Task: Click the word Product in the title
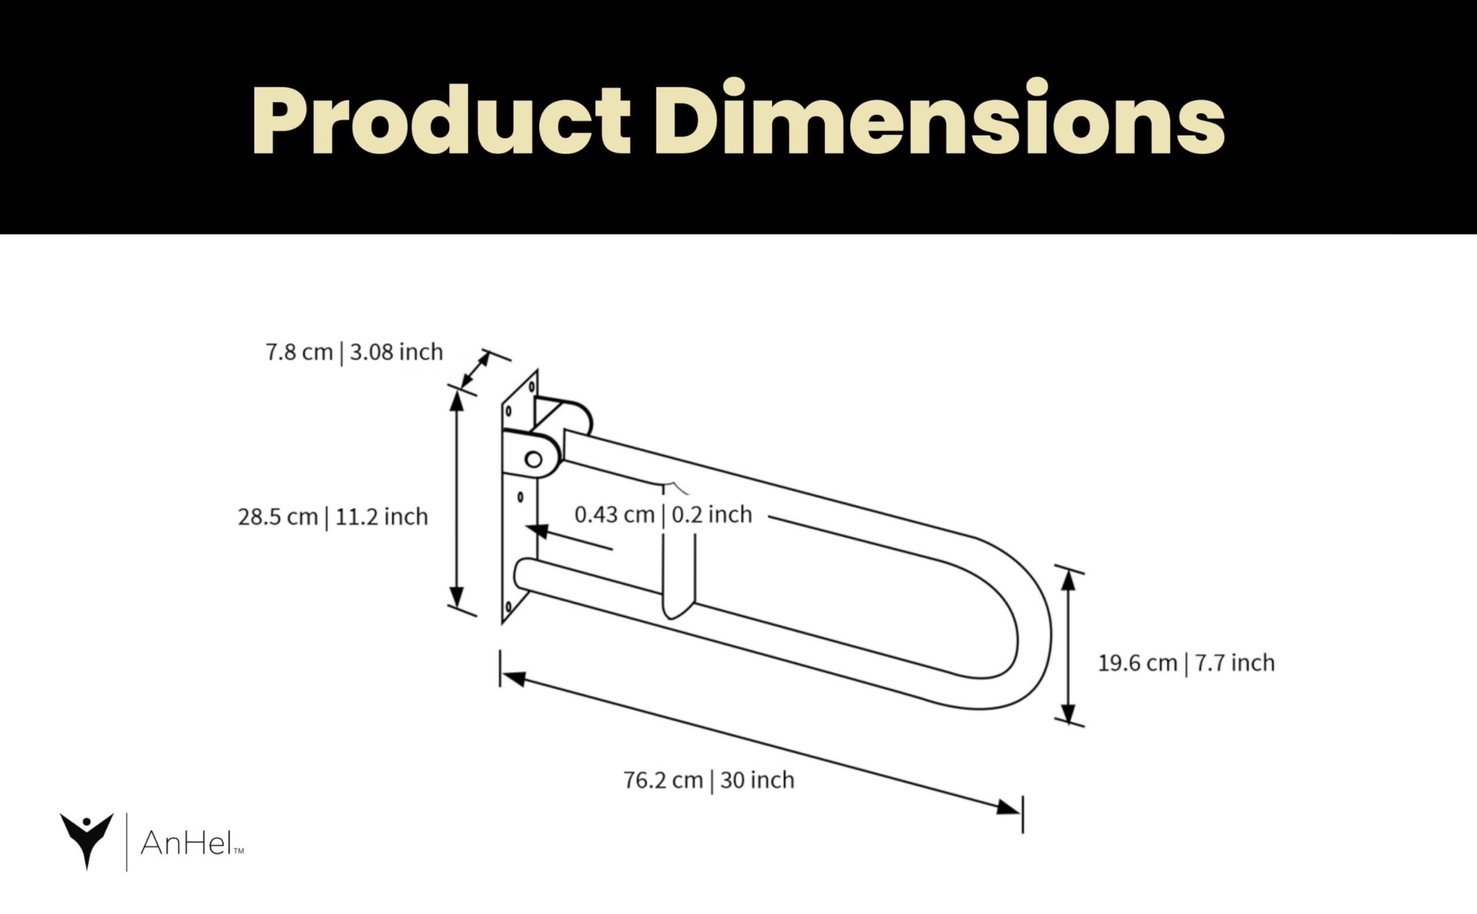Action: click(441, 121)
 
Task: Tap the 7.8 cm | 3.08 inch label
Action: click(354, 352)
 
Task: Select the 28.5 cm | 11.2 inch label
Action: click(332, 517)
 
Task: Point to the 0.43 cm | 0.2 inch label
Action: click(663, 515)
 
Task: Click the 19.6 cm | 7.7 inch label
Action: click(1186, 663)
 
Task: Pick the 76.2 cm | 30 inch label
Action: click(708, 780)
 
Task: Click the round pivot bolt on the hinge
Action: click(534, 460)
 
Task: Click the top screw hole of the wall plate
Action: click(532, 385)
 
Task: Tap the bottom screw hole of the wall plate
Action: click(508, 605)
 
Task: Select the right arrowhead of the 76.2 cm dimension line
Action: click(1008, 808)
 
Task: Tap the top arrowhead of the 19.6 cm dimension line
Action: click(1069, 581)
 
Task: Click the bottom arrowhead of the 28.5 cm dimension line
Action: click(457, 597)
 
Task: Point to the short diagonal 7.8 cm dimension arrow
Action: click(475, 370)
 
